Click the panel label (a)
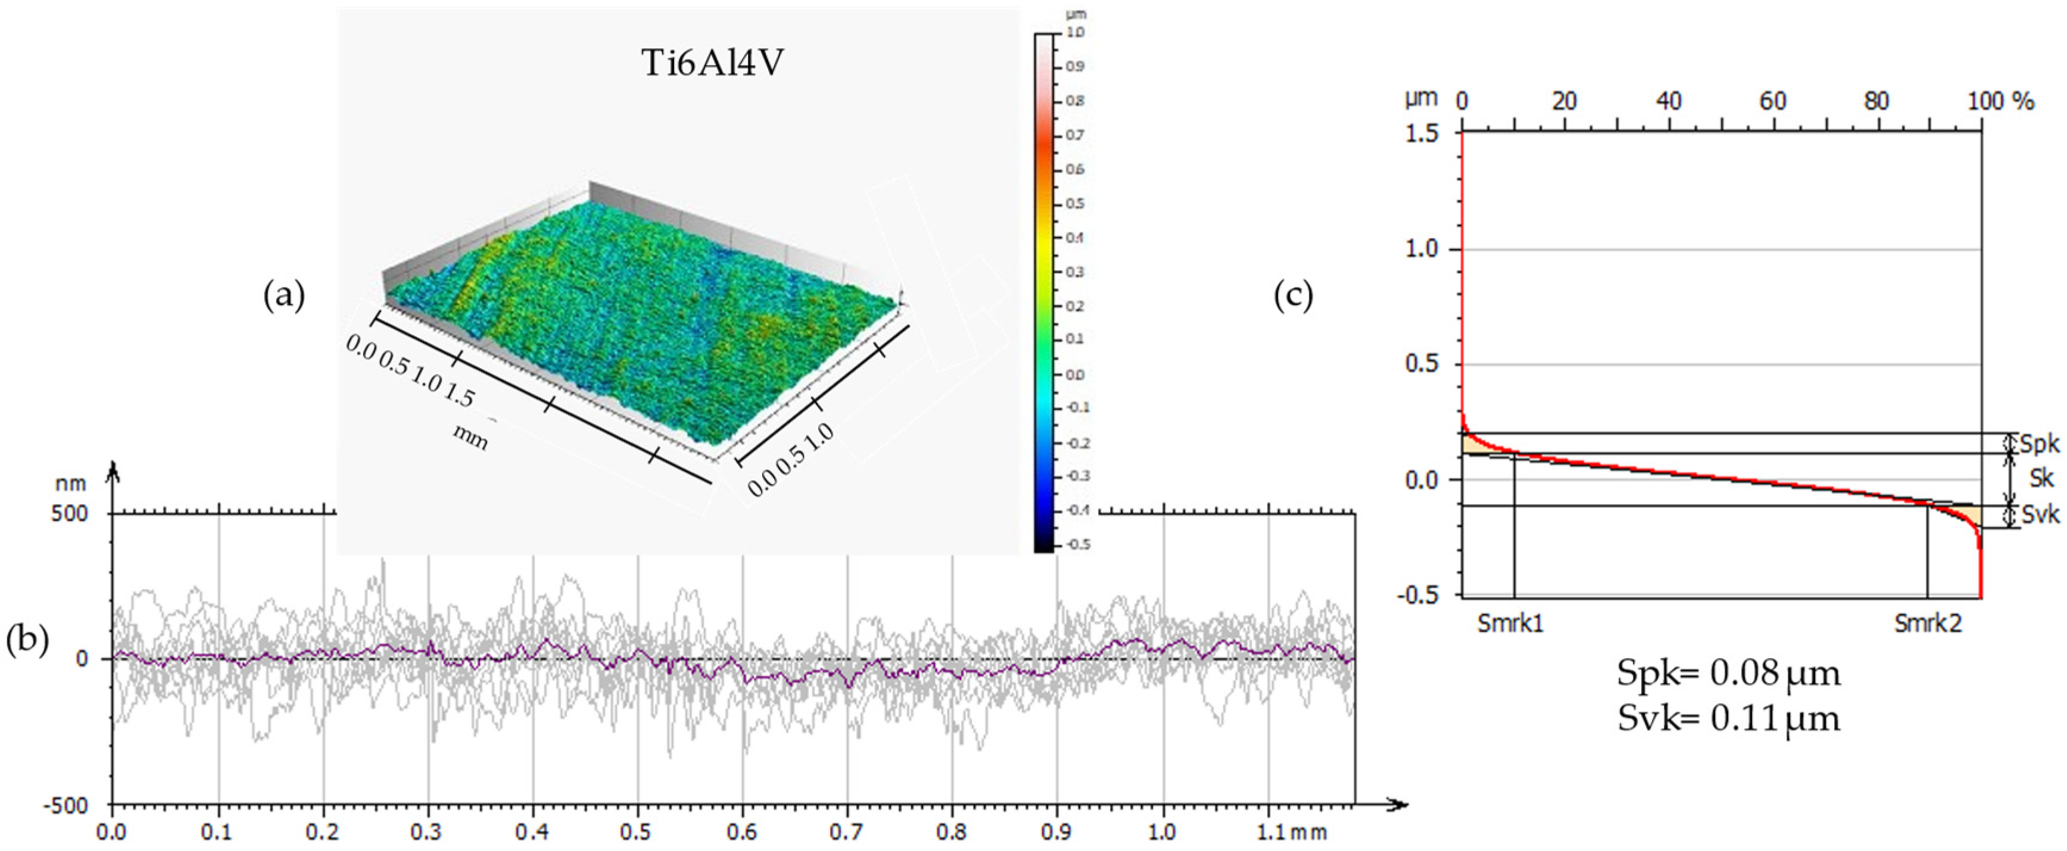(284, 296)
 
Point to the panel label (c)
(1293, 296)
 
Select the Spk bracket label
(2038, 444)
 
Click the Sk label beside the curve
(2041, 479)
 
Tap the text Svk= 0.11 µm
(1728, 718)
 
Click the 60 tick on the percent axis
(1772, 101)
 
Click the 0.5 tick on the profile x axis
(637, 830)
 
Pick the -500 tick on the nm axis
(71, 805)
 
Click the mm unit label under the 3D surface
(470, 437)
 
